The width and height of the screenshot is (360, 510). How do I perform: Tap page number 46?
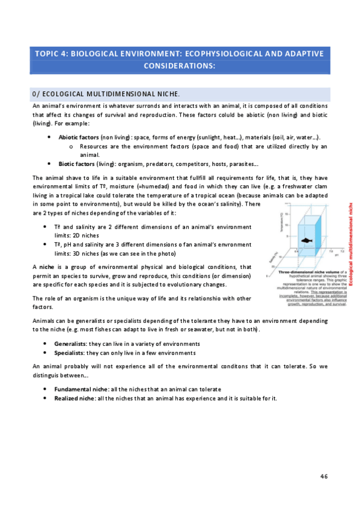(323, 476)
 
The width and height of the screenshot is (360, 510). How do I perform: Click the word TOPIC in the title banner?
(50, 54)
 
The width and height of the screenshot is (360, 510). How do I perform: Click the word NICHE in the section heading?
(167, 94)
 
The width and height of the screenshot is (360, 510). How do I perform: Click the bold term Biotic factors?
(76, 163)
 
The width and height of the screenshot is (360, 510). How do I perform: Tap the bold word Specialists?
(69, 352)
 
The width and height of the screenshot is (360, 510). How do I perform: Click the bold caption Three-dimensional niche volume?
(303, 272)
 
